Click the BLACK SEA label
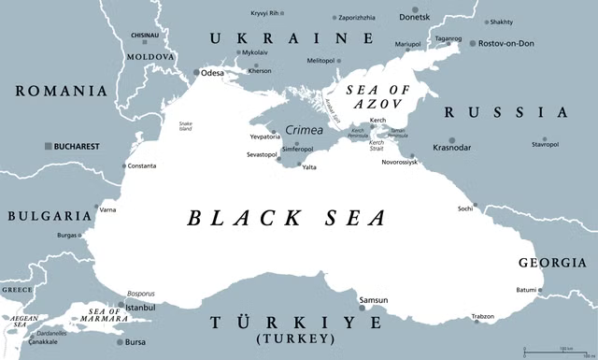286,219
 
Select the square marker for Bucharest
48,147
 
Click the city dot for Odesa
195,72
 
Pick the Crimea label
304,131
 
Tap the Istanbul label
139,307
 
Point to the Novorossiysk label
438,162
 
